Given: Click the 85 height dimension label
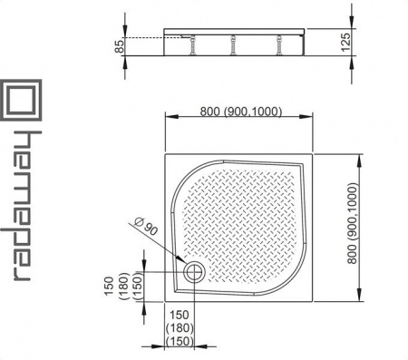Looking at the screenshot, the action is (120, 47).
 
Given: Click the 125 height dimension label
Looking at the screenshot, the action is (345, 42).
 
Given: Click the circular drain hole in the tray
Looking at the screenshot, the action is (194, 272).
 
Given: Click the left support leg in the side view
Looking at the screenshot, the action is (191, 45).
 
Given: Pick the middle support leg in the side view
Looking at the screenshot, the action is (233, 45).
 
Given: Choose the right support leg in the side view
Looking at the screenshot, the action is (279, 45).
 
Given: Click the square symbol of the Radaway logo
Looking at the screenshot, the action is (21, 100).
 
